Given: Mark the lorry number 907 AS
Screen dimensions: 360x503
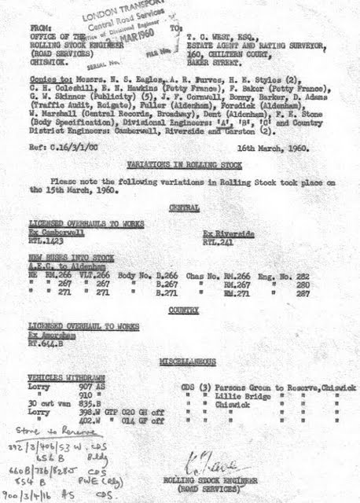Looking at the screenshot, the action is click(x=92, y=385).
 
